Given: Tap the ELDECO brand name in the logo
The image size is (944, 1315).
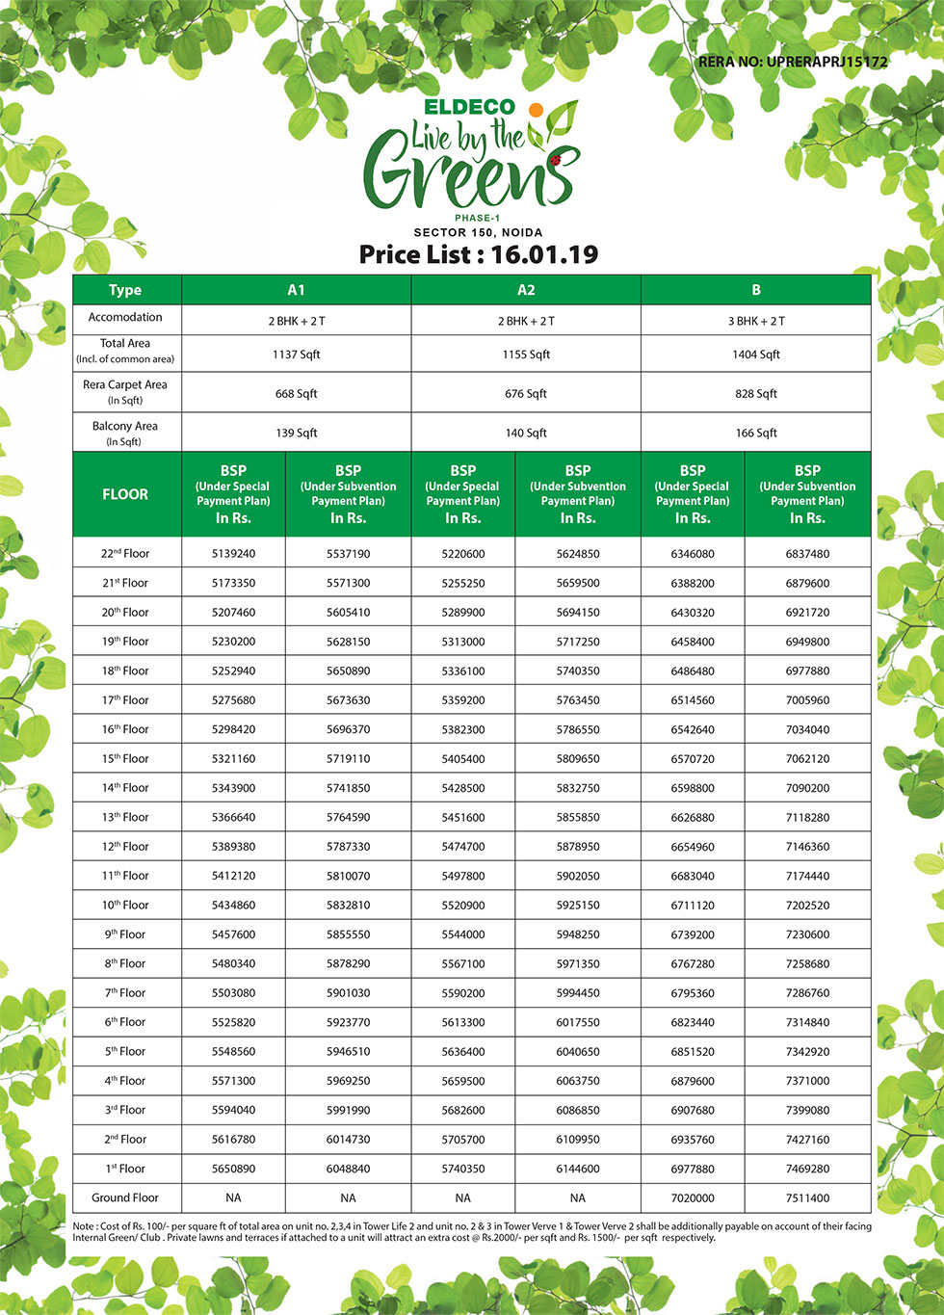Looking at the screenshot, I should (470, 107).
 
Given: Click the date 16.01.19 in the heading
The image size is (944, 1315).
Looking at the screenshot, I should (544, 254).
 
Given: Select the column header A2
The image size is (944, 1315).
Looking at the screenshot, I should (526, 290).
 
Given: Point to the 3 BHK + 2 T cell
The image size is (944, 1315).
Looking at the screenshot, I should (756, 321).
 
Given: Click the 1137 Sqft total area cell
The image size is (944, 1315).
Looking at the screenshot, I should (296, 355).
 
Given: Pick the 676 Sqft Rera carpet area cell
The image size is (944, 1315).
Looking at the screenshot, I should (526, 394).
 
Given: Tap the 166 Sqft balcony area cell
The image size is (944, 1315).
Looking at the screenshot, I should (756, 433).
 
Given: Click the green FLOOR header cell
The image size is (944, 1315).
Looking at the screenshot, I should (125, 494).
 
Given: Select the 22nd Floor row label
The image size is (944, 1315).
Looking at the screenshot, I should (125, 554).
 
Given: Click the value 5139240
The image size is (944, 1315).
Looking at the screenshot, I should (233, 554).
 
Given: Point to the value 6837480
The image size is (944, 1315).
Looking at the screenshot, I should (807, 554).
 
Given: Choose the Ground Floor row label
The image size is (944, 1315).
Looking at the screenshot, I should (125, 1197).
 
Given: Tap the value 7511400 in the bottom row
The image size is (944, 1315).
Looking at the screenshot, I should (807, 1197).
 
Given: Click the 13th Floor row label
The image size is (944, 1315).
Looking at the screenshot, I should (125, 817).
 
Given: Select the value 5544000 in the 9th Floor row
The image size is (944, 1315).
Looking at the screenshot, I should (463, 934).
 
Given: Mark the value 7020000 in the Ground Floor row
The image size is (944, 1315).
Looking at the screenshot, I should (693, 1197).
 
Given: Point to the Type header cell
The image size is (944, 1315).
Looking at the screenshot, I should (125, 290).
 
